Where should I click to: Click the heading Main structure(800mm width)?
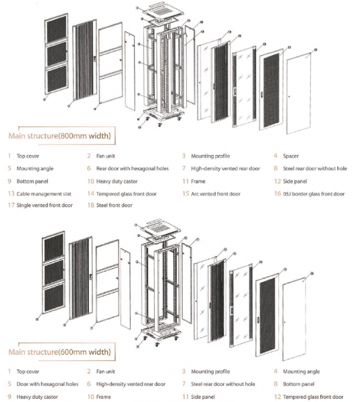pos(59,136)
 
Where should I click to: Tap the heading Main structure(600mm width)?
pos(59,351)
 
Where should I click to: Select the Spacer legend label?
pos(291,156)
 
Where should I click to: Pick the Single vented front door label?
pos(45,205)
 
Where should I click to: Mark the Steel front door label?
pos(114,205)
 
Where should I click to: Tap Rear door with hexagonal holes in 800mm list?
pos(132,169)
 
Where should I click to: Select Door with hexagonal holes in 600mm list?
pos(47,384)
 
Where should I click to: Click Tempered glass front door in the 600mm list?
pos(312,396)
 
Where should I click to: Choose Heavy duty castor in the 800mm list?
pos(117,181)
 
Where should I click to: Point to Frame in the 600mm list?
pos(104,396)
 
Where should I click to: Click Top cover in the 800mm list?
pos(28,156)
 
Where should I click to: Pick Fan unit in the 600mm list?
pos(105,372)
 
